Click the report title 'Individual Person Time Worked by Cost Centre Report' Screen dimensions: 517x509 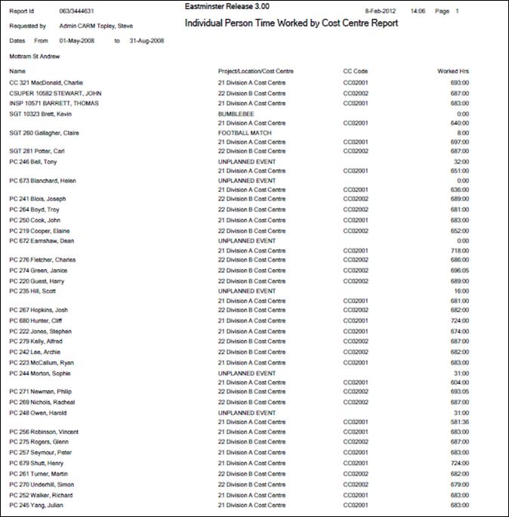pyautogui.click(x=292, y=23)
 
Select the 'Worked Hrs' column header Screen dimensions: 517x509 pyautogui.click(x=453, y=71)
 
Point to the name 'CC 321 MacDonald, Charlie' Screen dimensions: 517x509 pyautogui.click(x=46, y=82)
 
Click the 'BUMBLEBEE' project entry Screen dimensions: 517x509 pyautogui.click(x=236, y=112)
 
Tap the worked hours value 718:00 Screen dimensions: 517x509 pyautogui.click(x=459, y=250)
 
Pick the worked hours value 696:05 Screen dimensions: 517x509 pyautogui.click(x=459, y=270)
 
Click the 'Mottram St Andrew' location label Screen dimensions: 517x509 pyautogui.click(x=35, y=56)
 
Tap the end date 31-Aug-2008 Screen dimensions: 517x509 pyautogui.click(x=147, y=40)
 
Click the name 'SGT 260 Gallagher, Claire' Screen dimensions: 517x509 pyautogui.click(x=45, y=132)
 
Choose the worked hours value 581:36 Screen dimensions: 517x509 pyautogui.click(x=459, y=422)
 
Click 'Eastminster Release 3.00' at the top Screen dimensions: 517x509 pyautogui.click(x=227, y=7)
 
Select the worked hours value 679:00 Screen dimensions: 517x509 pyautogui.click(x=459, y=484)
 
